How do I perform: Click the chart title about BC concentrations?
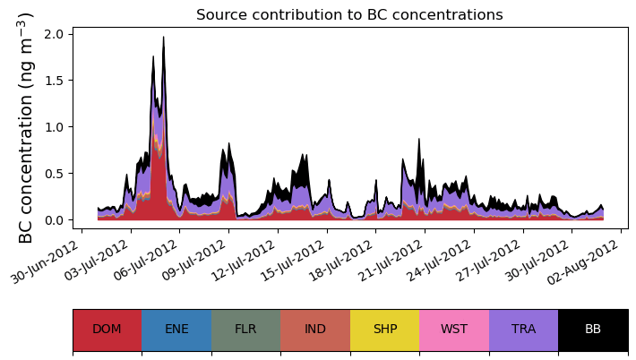pyautogui.click(x=349, y=14)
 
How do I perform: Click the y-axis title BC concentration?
pyautogui.click(x=26, y=127)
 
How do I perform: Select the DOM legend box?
pyautogui.click(x=107, y=329)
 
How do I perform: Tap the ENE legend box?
pyautogui.click(x=176, y=329)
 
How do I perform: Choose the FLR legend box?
pyautogui.click(x=245, y=329)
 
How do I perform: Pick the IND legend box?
pyautogui.click(x=315, y=329)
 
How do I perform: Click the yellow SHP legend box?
pyautogui.click(x=384, y=329)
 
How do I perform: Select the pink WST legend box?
pyautogui.click(x=454, y=329)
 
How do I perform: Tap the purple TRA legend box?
pyautogui.click(x=523, y=329)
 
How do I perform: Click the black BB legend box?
pyautogui.click(x=593, y=329)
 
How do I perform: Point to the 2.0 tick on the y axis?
pyautogui.click(x=53, y=34)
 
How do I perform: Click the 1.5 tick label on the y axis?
pyautogui.click(x=53, y=81)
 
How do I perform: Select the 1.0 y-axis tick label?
pyautogui.click(x=53, y=127)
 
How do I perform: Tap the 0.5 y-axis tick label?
pyautogui.click(x=53, y=174)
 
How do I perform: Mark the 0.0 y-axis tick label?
pyautogui.click(x=53, y=220)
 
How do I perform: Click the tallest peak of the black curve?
pyautogui.click(x=163, y=38)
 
